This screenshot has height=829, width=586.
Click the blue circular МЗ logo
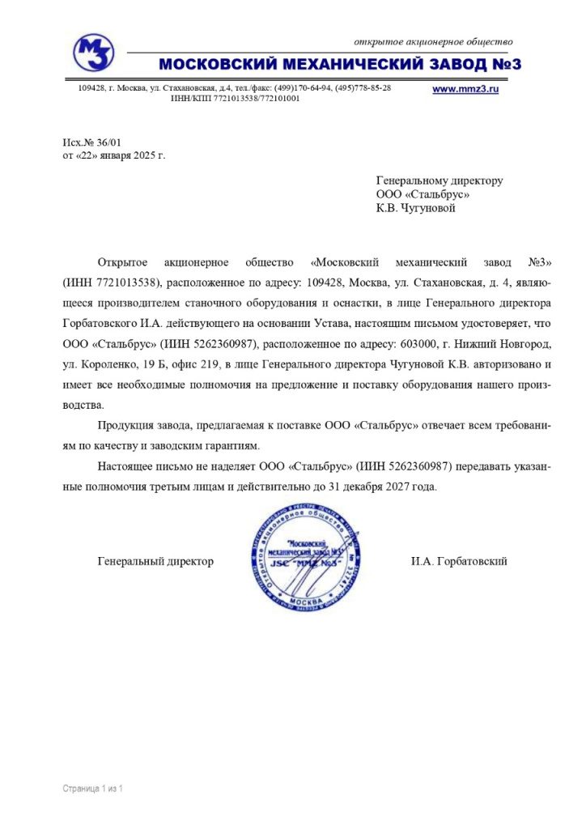coord(93,53)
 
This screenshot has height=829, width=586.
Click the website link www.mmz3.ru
coord(465,89)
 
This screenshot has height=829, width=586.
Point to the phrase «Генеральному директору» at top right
coord(439,181)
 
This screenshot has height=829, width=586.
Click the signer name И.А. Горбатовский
coord(458,561)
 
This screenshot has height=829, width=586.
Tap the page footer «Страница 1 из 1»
coord(92,788)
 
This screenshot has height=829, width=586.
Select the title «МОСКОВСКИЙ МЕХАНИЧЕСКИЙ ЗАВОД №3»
coord(340,64)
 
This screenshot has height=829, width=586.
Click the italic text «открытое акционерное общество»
coord(434,41)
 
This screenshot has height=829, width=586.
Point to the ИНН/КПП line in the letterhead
coord(235,98)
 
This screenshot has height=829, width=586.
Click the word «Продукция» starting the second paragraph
coord(123,427)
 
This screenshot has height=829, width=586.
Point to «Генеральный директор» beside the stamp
coord(155,561)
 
